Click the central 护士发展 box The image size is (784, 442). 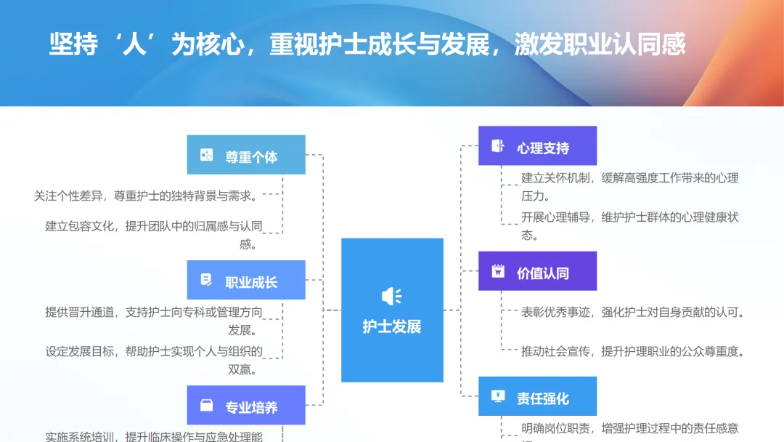click(392, 310)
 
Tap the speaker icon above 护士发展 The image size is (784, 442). click(391, 296)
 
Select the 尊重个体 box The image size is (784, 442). click(246, 155)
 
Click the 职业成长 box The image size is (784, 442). click(246, 280)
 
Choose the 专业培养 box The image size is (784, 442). click(246, 406)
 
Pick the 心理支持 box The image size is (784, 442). click(537, 146)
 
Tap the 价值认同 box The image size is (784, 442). click(537, 271)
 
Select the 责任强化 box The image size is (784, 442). click(537, 397)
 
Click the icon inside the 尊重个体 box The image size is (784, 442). click(207, 155)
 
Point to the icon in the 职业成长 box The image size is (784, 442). click(207, 280)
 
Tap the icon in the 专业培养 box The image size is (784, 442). click(207, 406)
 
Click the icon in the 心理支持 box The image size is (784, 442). click(498, 146)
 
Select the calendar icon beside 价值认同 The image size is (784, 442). click(498, 271)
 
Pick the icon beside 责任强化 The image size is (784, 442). click(498, 397)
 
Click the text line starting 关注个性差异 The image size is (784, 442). click(144, 196)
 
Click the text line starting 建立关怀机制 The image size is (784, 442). click(629, 178)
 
